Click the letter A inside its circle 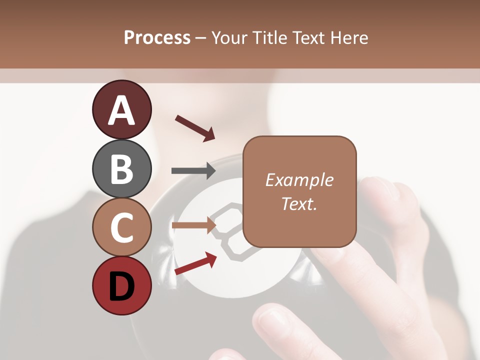(x=122, y=110)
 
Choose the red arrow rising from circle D (x=195, y=263)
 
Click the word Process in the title (x=157, y=37)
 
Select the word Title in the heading (x=269, y=37)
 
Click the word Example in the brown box (x=299, y=180)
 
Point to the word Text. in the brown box (x=299, y=203)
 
